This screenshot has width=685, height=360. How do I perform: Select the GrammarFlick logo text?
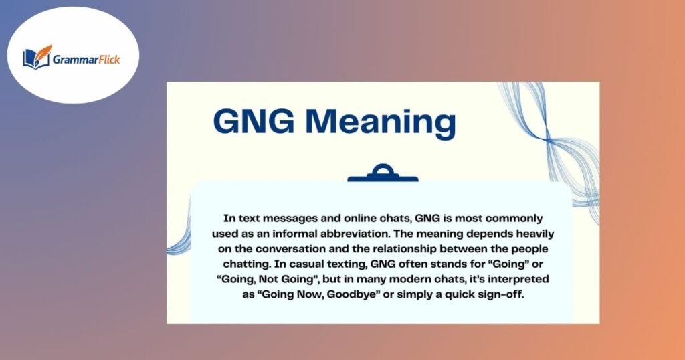click(x=87, y=58)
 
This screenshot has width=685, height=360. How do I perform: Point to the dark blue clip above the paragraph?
click(x=382, y=175)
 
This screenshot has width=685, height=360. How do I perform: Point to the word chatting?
click(x=258, y=264)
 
